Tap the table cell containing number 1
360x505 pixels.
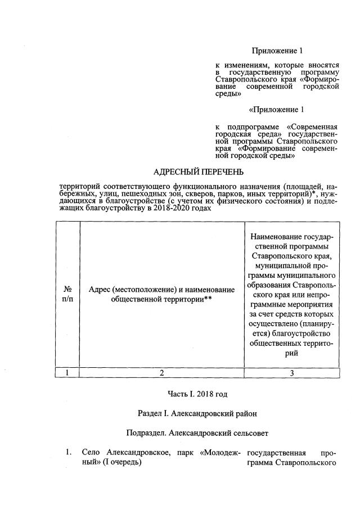67,372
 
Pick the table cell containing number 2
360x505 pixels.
162,372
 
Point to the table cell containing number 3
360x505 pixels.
291,372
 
